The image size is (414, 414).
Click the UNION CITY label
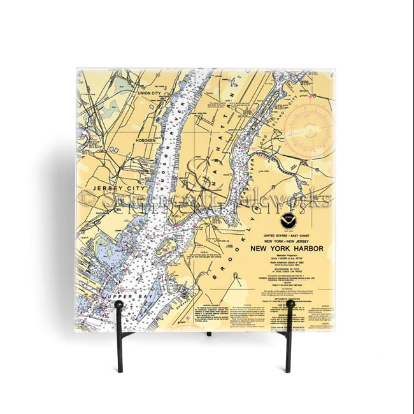tap(151, 93)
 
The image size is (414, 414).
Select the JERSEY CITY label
tap(111, 189)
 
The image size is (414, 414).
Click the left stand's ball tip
tap(119, 305)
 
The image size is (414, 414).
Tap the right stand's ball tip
tap(290, 305)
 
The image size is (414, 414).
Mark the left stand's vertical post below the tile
tap(119, 351)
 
